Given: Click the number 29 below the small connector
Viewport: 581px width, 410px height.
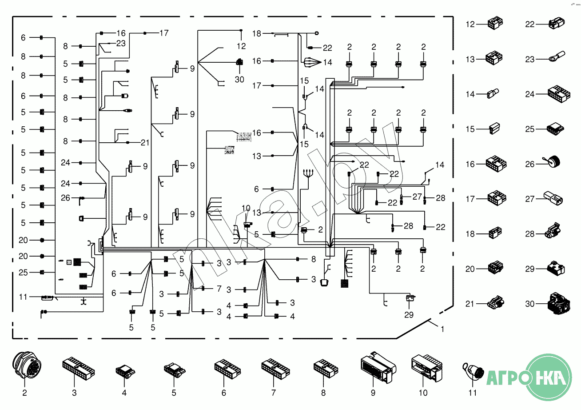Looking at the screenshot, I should [409, 315].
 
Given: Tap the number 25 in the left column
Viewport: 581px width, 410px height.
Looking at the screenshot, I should [23, 272].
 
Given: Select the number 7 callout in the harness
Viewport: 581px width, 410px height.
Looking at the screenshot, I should [219, 289].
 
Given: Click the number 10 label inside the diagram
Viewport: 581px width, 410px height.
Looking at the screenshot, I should [246, 208].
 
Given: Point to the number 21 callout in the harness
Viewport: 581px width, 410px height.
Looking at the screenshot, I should [145, 142].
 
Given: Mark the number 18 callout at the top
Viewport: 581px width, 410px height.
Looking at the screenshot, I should [257, 33].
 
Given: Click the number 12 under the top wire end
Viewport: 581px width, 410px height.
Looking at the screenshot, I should [241, 46].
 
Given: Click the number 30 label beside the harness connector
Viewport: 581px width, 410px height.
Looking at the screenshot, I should [239, 80].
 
